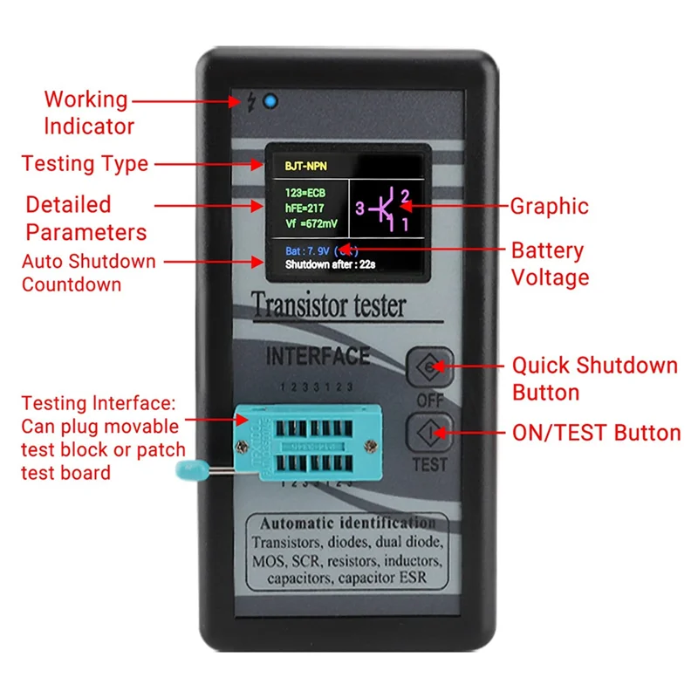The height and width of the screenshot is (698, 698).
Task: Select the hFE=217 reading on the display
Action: tap(305, 207)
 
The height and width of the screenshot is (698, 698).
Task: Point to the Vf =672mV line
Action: tap(310, 223)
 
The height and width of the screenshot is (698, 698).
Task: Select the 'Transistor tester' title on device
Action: tap(328, 306)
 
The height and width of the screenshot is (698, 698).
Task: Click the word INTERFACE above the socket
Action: tap(318, 357)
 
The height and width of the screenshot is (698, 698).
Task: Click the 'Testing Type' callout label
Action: tap(85, 163)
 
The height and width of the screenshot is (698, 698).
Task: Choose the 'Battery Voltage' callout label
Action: tap(550, 263)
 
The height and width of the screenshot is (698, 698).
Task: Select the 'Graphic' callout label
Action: tap(549, 207)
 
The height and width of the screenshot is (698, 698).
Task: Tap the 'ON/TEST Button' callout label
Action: tap(597, 433)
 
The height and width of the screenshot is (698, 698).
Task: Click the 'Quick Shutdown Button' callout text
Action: tap(593, 378)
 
